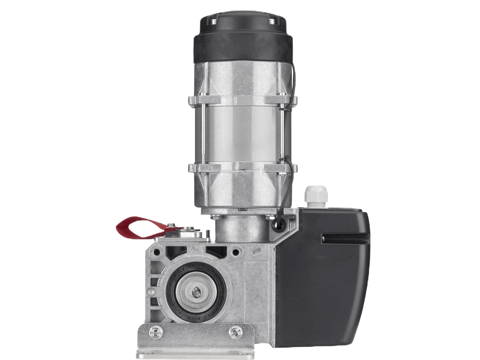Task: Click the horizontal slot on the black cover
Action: (x=345, y=238)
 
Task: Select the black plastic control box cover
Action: (x=330, y=270)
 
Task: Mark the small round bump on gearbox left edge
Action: (x=151, y=292)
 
